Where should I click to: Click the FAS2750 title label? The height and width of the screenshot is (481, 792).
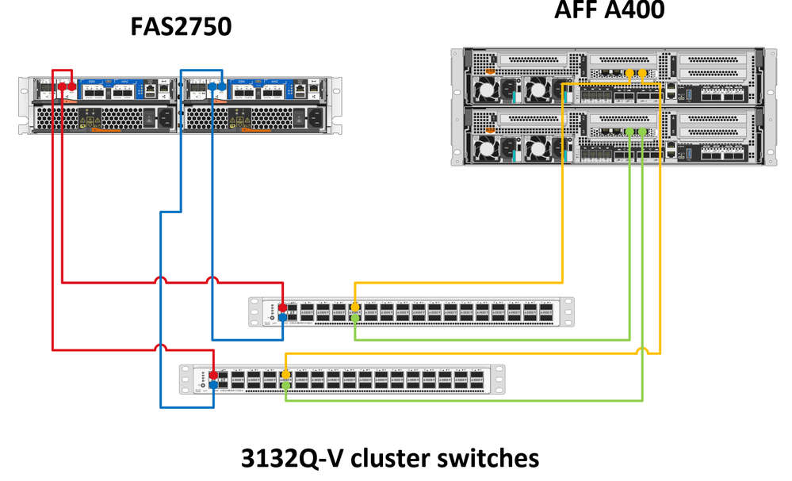(x=181, y=28)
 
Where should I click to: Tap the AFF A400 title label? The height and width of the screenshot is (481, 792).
(x=610, y=10)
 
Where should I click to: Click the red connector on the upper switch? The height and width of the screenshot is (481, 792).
(x=282, y=307)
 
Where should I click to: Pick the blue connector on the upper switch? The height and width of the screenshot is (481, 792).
(x=282, y=317)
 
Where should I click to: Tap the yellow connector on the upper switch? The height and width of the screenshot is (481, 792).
(x=354, y=307)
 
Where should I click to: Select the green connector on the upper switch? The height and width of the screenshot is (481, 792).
(x=354, y=317)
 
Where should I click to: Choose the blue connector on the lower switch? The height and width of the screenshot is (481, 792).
(x=213, y=384)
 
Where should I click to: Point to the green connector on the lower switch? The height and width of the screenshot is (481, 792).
(x=285, y=384)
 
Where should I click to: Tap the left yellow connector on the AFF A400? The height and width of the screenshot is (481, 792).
(x=629, y=74)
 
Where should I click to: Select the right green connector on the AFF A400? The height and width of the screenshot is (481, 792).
(x=643, y=132)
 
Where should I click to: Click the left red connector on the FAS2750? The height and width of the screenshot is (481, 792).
(x=57, y=86)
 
